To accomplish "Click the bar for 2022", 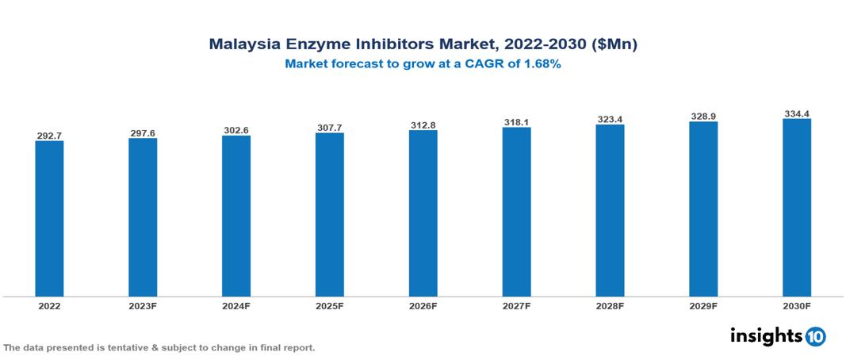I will click(x=49, y=219).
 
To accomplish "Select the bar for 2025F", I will click(x=329, y=215).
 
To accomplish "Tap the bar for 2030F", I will click(x=796, y=208).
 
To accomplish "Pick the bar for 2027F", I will click(x=516, y=212).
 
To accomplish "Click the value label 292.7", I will click(x=49, y=136).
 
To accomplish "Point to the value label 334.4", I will click(x=796, y=114).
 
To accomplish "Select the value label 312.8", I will click(x=423, y=125).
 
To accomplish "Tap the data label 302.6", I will click(x=236, y=131).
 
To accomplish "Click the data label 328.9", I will click(x=702, y=117).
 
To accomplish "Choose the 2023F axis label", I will click(x=143, y=305).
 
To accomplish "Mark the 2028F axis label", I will click(x=610, y=305).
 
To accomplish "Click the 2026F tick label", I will click(x=423, y=305).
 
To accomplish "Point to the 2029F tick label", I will click(x=702, y=305).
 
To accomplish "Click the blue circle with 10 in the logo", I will click(x=815, y=336).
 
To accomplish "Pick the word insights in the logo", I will click(x=766, y=335).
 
